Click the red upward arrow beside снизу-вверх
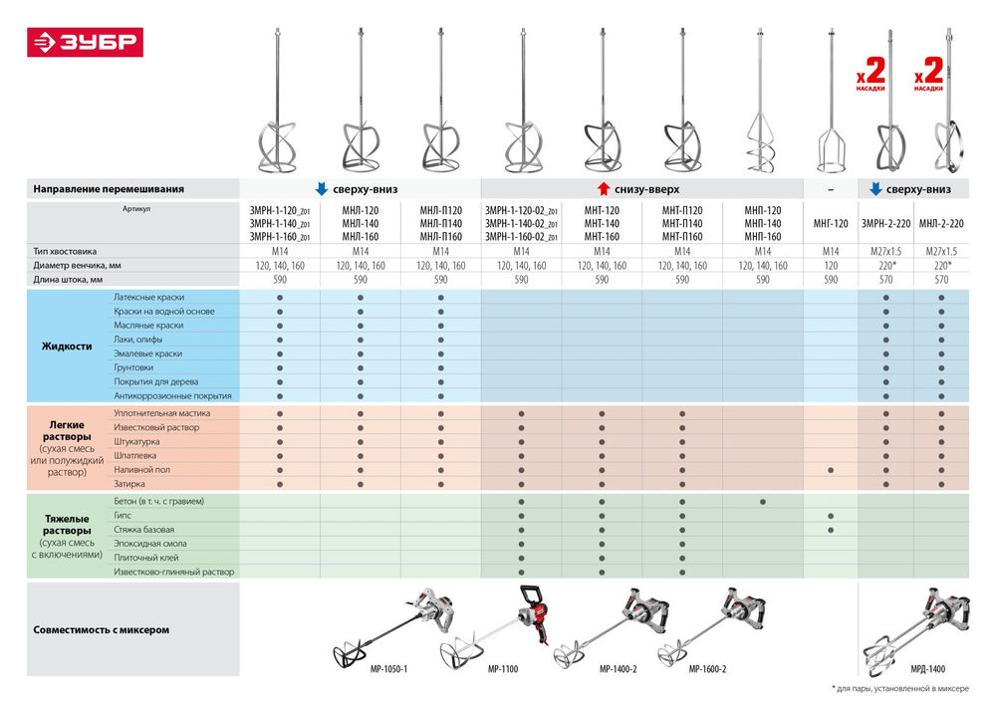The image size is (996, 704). click(x=603, y=188)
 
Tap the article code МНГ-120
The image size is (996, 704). click(x=831, y=224)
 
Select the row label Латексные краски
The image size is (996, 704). click(x=148, y=298)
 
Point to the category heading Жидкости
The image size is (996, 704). click(x=67, y=347)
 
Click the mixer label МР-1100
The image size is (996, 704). click(x=503, y=669)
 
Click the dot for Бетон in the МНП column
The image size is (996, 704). click(x=762, y=501)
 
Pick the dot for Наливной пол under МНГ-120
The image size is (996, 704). click(x=831, y=469)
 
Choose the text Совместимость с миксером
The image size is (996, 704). click(x=102, y=630)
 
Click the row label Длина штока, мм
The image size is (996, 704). click(x=68, y=281)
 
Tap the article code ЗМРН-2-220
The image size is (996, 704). click(x=885, y=224)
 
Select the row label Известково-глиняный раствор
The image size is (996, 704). click(x=174, y=572)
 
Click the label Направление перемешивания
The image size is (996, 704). click(x=109, y=188)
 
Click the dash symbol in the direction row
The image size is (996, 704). click(x=831, y=188)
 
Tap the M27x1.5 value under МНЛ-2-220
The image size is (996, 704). click(x=941, y=252)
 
